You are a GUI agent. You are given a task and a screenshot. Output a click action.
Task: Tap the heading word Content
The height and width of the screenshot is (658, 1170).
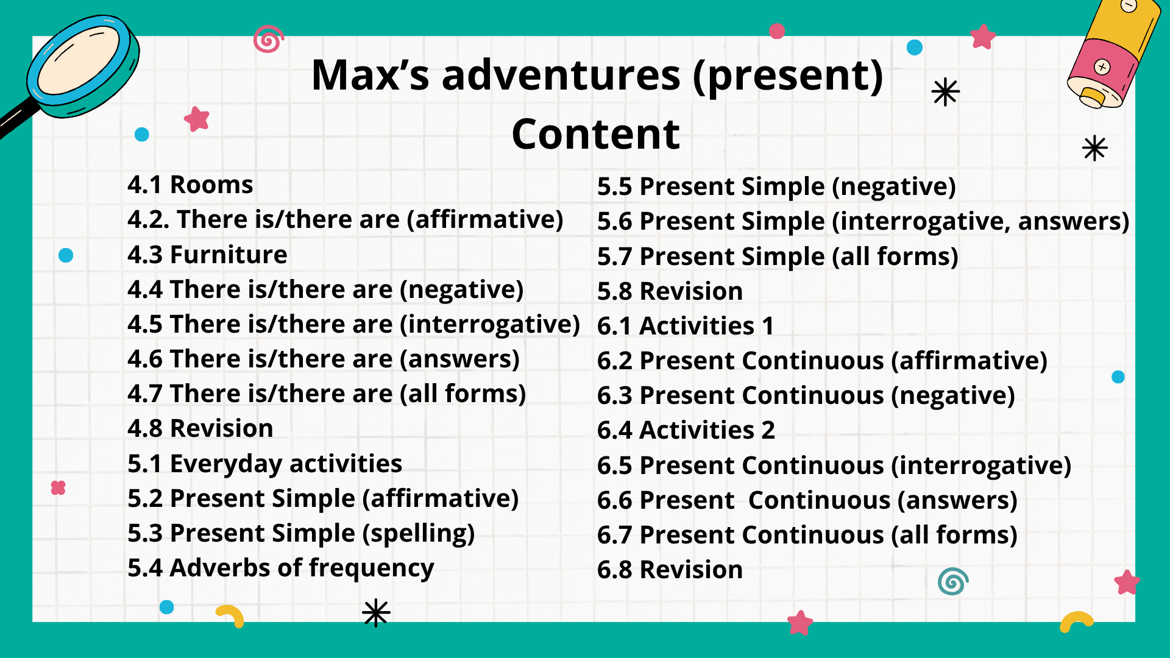(x=596, y=134)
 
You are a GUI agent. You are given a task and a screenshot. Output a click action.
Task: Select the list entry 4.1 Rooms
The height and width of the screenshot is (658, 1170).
(x=190, y=185)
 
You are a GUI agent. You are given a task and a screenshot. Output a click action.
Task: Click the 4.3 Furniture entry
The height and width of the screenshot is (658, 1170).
(x=207, y=255)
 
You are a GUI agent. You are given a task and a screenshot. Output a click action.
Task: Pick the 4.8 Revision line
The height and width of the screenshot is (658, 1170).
(x=200, y=428)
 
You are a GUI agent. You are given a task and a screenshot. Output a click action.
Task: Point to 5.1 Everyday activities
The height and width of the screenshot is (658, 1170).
(x=265, y=464)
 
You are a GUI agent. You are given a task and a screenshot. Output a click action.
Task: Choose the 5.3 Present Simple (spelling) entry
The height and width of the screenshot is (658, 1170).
(x=301, y=534)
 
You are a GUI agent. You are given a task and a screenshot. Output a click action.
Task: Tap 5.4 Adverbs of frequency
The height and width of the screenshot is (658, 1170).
(x=281, y=568)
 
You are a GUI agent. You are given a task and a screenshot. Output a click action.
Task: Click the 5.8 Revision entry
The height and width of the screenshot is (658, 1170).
(x=670, y=291)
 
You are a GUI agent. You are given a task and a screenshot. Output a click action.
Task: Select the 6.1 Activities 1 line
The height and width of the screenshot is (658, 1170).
(x=686, y=326)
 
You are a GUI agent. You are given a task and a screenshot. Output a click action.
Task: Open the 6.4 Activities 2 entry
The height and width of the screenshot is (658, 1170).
(x=686, y=430)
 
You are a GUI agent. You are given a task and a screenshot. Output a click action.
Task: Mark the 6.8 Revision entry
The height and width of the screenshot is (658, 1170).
(x=670, y=570)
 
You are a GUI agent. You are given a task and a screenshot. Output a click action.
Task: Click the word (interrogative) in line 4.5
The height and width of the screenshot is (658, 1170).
(x=490, y=325)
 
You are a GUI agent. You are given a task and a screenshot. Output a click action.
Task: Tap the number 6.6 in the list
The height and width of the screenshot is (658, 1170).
(x=615, y=500)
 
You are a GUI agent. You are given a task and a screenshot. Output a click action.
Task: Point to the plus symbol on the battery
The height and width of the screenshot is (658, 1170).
(x=1102, y=66)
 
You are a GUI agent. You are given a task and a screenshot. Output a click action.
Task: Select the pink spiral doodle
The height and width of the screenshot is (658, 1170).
(x=268, y=39)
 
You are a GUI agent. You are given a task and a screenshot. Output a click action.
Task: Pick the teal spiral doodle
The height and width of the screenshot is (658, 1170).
(x=953, y=581)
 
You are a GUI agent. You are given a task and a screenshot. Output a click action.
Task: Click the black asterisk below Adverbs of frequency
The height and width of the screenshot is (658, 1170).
(x=376, y=613)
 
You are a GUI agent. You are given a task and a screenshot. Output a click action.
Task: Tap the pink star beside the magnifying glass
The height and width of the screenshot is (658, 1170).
(x=197, y=119)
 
